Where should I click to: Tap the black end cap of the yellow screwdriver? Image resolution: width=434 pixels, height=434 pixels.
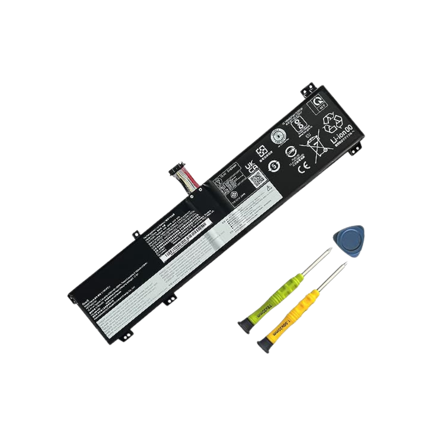263,346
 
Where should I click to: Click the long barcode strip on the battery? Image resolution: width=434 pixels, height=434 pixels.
187,240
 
